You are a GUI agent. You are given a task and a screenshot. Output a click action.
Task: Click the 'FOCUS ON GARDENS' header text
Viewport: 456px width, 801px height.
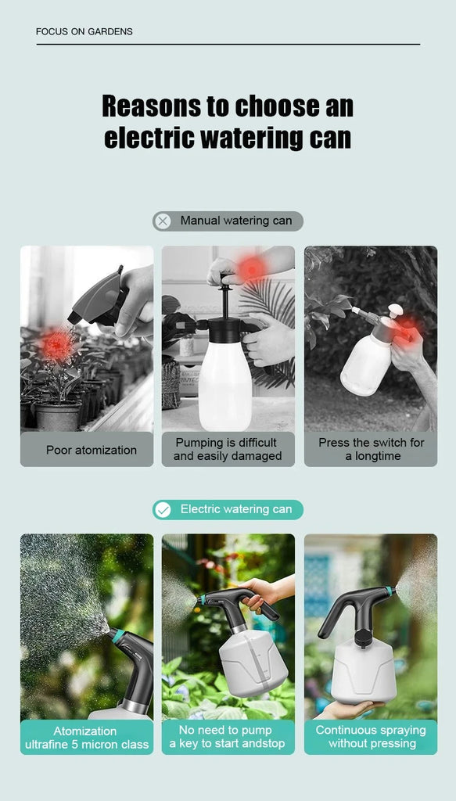(84, 32)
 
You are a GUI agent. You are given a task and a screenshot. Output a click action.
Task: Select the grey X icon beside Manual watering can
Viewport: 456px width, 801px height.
(163, 221)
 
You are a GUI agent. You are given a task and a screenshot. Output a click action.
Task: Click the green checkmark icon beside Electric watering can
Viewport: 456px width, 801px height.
(163, 510)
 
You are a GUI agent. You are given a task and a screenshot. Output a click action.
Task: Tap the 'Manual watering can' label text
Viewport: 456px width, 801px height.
(235, 221)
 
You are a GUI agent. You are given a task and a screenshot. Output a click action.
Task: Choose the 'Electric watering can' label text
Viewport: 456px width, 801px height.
(235, 509)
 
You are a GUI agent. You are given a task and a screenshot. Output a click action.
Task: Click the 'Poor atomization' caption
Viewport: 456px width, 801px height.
(91, 450)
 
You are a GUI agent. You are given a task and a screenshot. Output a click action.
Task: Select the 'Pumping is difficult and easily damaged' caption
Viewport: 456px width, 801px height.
(228, 449)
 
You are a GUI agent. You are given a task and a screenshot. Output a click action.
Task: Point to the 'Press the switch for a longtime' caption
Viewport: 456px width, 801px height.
(371, 449)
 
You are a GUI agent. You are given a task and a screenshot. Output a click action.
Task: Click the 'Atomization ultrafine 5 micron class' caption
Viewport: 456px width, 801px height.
(86, 738)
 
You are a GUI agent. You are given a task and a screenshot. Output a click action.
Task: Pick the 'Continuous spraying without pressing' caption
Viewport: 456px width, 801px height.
(371, 736)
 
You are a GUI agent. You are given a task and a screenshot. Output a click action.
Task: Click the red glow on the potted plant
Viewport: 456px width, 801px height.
(56, 345)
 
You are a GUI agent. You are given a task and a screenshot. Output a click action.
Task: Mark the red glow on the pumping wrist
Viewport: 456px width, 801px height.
(251, 268)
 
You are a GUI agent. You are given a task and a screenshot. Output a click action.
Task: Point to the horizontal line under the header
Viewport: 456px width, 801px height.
(228, 45)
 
